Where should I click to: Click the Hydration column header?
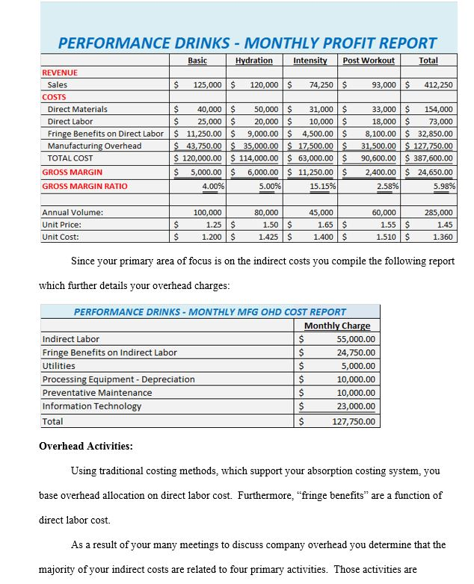254,60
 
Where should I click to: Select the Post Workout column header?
369,60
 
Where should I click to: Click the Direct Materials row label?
77,109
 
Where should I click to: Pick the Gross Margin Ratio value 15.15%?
323,186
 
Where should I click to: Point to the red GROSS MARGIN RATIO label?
84,186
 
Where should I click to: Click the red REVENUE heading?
60,72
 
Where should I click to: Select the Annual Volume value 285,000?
438,213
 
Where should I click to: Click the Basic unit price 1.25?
212,225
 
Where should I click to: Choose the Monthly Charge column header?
337,326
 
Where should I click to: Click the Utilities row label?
59,366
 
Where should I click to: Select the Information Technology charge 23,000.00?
356,406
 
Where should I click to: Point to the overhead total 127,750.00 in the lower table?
354,421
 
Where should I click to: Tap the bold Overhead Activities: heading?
86,447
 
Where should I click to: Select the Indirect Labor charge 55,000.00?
356,339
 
